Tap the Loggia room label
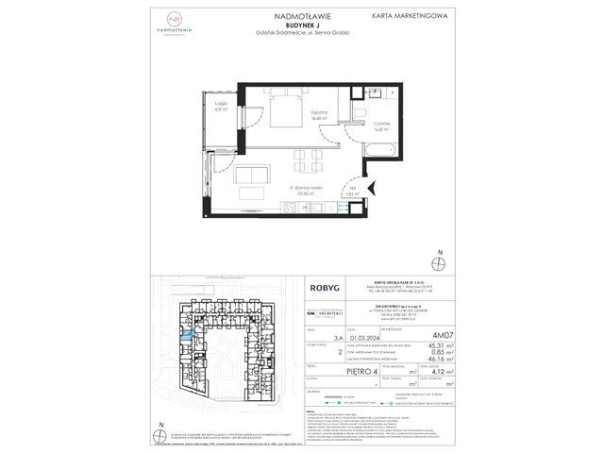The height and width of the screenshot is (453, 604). (x=219, y=107)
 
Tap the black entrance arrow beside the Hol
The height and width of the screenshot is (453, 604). (x=370, y=189)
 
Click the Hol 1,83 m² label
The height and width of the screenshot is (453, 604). (x=352, y=193)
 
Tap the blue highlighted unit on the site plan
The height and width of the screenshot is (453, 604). (x=187, y=333)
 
